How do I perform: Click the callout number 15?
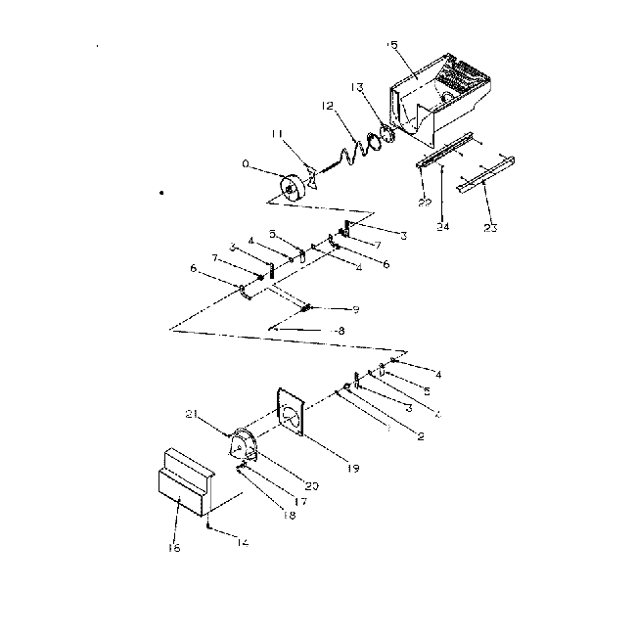[x=393, y=45]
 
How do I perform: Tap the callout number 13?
[x=358, y=88]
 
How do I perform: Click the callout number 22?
[x=423, y=203]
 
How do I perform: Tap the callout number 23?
[x=490, y=229]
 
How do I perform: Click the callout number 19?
[x=325, y=469]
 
